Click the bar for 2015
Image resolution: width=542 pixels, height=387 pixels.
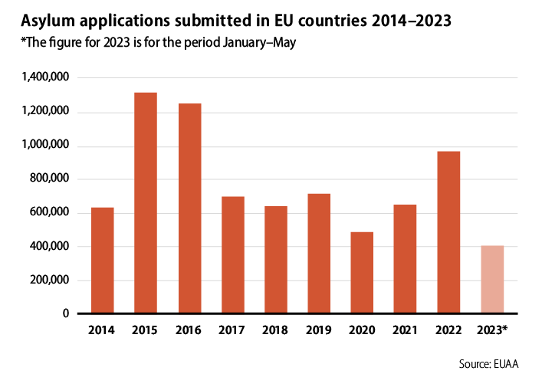(x=146, y=203)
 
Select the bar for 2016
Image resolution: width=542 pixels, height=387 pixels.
(x=189, y=208)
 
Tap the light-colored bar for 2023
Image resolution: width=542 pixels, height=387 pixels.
(x=492, y=280)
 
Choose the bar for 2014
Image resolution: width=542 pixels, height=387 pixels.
(x=103, y=261)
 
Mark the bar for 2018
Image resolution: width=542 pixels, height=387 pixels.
(x=276, y=260)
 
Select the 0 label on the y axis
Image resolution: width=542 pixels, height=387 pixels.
(x=66, y=313)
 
